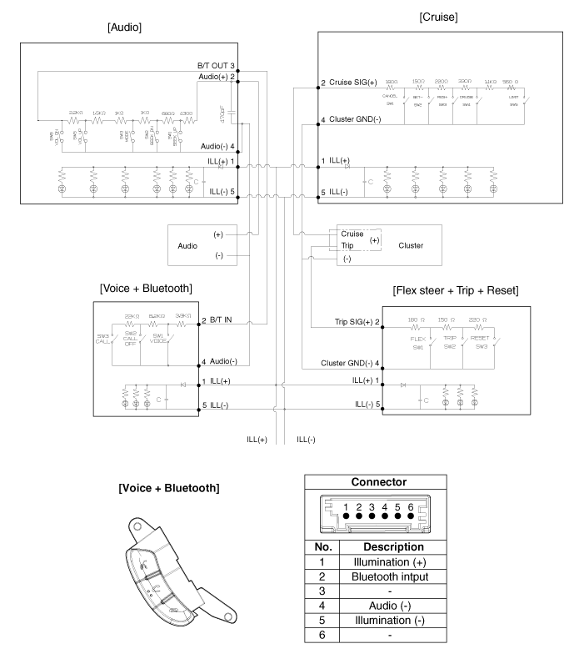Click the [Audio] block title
[x=125, y=28]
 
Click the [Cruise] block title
[x=440, y=15]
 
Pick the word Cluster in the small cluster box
[x=411, y=246]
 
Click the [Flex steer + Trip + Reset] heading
[x=456, y=290]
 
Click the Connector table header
[x=380, y=481]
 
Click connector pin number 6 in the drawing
[x=411, y=506]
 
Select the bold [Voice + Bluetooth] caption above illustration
[x=170, y=487]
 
